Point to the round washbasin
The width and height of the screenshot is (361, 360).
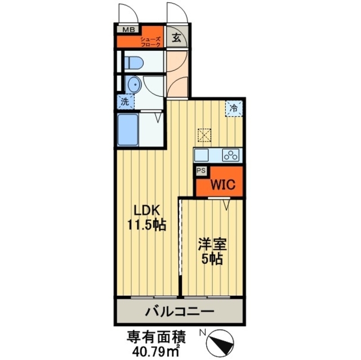point(133,85)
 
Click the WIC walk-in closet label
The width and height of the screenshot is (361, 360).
point(220,184)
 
